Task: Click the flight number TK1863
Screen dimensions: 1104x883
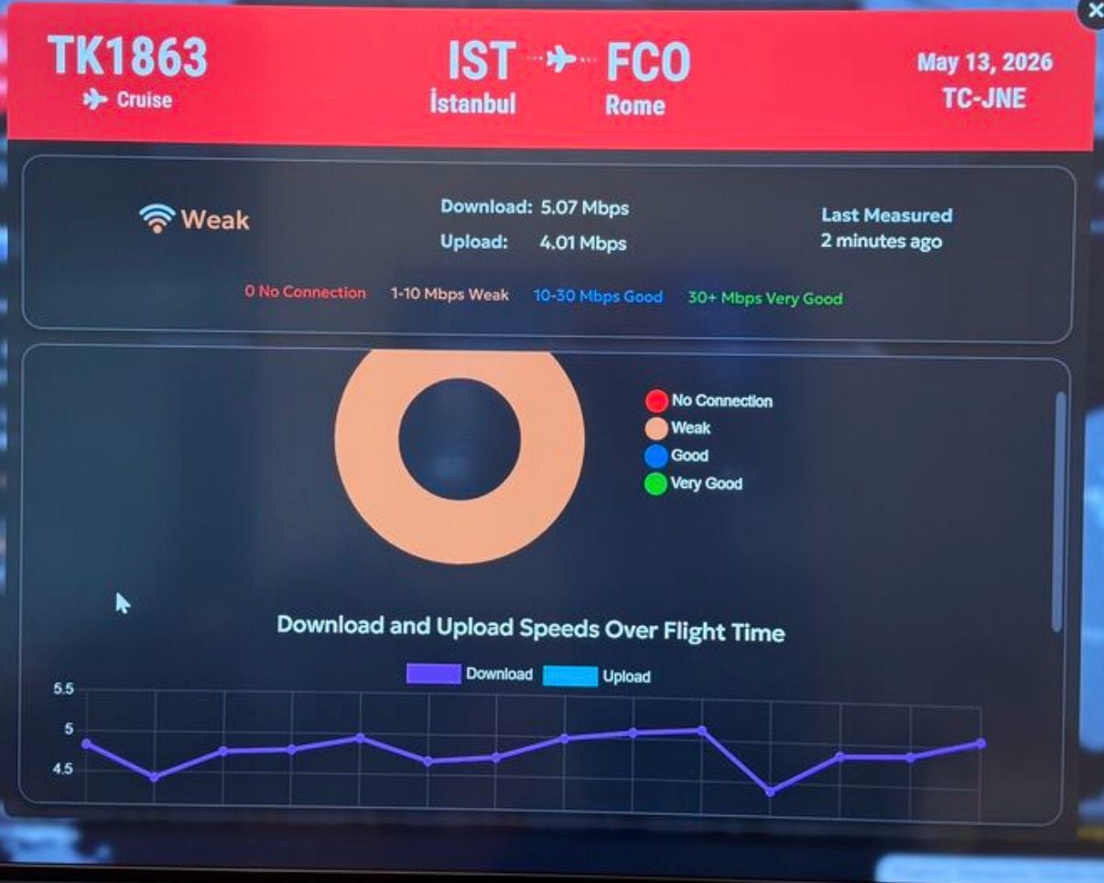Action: (128, 57)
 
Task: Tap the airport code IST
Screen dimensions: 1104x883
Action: (482, 60)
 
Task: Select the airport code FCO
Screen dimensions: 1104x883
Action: (649, 62)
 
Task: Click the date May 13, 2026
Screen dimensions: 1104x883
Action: (984, 62)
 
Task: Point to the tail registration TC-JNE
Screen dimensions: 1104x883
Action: (984, 99)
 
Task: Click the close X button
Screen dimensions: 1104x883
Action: (1094, 11)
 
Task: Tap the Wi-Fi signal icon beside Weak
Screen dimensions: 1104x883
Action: (157, 219)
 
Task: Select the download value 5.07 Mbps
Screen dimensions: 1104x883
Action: (584, 208)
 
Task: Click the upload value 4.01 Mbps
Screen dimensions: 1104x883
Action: (583, 242)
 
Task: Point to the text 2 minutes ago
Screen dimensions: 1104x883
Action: (882, 241)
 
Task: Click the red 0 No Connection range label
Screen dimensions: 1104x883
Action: (305, 292)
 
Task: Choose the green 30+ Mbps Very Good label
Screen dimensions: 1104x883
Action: (765, 298)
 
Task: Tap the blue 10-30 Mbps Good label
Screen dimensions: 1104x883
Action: (598, 296)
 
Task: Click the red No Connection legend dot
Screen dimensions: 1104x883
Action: (656, 401)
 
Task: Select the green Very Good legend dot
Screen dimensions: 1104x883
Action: (655, 483)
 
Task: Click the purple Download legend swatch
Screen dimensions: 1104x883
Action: (434, 673)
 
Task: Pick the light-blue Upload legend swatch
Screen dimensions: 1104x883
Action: (570, 676)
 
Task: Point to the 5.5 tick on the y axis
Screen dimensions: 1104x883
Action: (63, 688)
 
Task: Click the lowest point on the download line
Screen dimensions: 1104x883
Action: (770, 792)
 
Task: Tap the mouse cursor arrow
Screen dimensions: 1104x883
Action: (123, 604)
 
